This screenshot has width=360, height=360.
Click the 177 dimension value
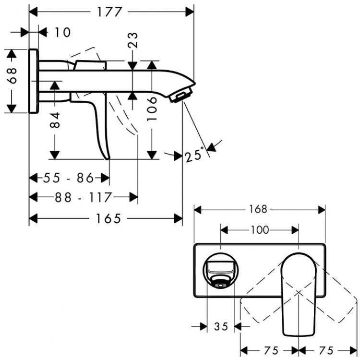(112, 12)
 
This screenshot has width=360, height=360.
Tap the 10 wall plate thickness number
(62, 33)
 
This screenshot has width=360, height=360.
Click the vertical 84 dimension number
(56, 120)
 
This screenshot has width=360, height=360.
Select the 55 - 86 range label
(68, 178)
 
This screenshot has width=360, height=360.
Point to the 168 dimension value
(259, 210)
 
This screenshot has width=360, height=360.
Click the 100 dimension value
(259, 230)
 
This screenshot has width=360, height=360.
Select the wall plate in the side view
(34, 81)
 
